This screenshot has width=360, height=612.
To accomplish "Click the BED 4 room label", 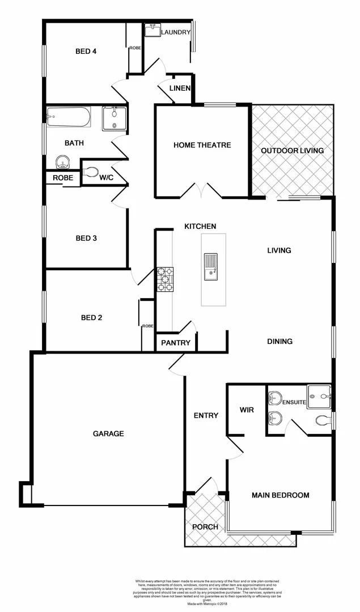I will [86, 52].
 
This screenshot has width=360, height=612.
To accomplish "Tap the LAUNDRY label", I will [175, 32].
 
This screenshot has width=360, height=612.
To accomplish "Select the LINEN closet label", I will [180, 88].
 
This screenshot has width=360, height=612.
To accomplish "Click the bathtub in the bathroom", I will [68, 116].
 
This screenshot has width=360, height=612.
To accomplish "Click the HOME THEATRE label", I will [202, 145].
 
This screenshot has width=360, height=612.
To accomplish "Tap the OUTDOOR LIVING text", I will [292, 150].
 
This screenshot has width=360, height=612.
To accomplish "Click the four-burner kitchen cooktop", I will [165, 279].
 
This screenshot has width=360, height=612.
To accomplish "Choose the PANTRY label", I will [175, 343].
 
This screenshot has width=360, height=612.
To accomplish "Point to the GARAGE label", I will [108, 433].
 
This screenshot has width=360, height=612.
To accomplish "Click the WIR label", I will [247, 409].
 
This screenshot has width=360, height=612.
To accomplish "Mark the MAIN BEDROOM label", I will [281, 495].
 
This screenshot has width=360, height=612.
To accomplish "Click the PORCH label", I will [205, 527].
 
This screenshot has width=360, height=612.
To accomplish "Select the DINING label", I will [279, 341].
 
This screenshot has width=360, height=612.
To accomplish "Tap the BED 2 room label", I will [91, 317].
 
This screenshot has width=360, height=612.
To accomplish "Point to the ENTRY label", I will [206, 415].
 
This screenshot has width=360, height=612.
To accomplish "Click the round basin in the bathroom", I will [62, 163].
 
